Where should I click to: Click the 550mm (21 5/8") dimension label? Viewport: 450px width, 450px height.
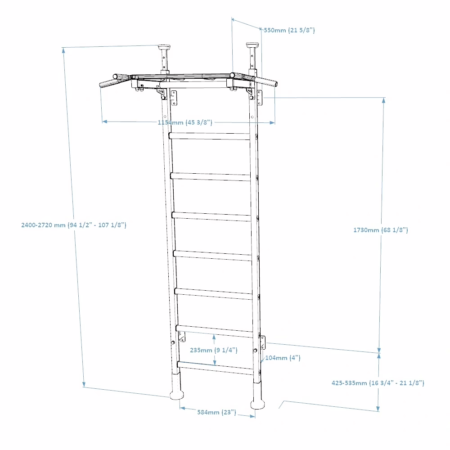coord(289,30)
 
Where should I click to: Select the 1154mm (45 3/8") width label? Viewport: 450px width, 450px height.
coord(185,122)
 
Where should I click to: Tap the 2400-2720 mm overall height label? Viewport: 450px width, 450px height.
coord(74,225)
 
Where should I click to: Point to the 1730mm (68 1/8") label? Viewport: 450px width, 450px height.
coord(381,230)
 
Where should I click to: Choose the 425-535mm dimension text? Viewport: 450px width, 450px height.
coord(378,383)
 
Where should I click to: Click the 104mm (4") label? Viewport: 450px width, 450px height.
coord(283,358)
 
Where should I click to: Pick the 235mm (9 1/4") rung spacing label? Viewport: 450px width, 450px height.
coord(214,350)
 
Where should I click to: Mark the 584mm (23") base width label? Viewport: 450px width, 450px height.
coord(217,412)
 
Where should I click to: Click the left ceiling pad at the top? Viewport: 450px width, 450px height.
coord(164,46)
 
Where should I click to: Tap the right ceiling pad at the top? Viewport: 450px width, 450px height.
coord(252,45)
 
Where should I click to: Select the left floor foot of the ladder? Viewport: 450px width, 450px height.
coord(177,395)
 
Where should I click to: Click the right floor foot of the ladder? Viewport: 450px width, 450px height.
coord(257,404)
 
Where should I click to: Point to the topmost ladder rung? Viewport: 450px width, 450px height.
coord(210,136)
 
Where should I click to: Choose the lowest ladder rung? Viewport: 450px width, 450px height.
coord(216,368)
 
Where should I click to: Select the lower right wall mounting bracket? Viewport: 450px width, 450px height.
coord(263,342)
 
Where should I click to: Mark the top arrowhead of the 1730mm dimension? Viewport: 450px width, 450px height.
coord(384,100)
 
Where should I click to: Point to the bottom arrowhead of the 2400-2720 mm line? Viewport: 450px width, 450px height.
coord(84,384)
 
